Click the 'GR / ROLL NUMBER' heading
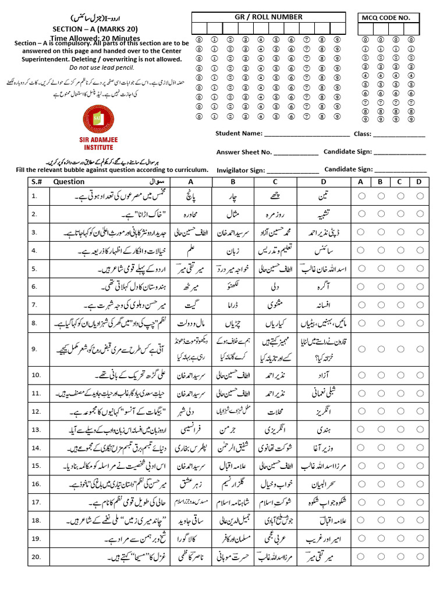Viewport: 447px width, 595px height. (268, 17)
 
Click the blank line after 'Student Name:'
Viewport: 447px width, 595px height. (307, 134)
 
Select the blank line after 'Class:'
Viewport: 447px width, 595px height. (399, 134)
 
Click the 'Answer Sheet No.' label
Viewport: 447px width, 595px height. (244, 152)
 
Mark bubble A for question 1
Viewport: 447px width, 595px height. (362, 196)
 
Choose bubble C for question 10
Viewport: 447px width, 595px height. (400, 375)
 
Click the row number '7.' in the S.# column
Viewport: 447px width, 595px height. (34, 304)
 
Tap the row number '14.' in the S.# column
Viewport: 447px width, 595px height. (36, 448)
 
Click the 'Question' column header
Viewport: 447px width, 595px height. (69, 182)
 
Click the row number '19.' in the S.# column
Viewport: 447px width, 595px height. (36, 539)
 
